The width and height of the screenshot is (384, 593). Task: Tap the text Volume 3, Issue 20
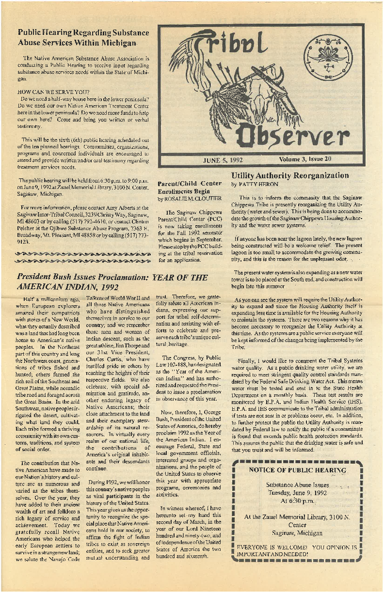coord(307,159)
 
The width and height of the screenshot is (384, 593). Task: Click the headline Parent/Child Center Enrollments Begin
coord(190,187)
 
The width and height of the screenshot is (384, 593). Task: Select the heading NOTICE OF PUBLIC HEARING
coord(297,470)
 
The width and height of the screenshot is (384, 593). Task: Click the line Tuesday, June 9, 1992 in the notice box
coord(298,493)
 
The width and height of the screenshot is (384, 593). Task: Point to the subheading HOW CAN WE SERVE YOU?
coord(53,91)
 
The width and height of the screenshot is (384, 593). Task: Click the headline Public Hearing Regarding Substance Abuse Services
coord(83,37)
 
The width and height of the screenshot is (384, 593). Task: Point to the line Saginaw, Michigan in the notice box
coord(298,533)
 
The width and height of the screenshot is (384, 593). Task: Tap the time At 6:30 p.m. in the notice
coord(298,501)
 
